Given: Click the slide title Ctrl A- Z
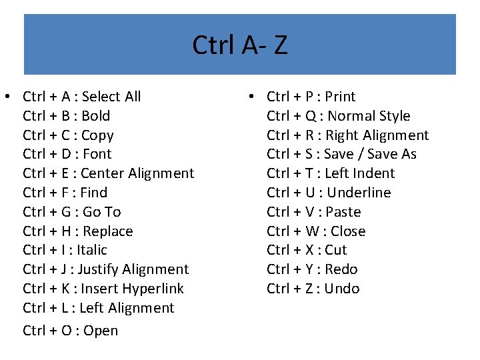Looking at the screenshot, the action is click(x=239, y=45).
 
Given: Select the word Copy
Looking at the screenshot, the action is click(x=97, y=135).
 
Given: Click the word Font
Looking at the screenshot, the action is click(x=97, y=154).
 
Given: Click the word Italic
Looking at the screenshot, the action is click(x=92, y=250).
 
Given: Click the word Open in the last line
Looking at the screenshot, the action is click(x=101, y=331).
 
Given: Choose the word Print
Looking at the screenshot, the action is click(x=340, y=97).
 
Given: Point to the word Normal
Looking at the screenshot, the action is click(x=351, y=116).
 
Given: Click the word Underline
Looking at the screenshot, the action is click(x=359, y=193).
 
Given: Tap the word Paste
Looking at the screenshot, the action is click(x=344, y=212).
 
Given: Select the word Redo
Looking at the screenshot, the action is click(x=341, y=269).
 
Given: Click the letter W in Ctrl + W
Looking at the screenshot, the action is click(x=312, y=231).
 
